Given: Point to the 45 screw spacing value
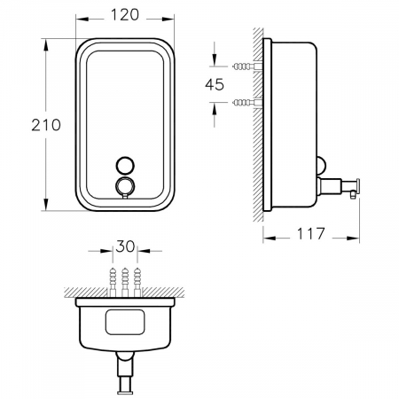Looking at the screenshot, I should tap(213, 84).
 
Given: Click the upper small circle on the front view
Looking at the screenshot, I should tap(123, 164).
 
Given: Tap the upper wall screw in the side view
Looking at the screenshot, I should tap(244, 66).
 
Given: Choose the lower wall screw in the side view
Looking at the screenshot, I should tap(244, 102).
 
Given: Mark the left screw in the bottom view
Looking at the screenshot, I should tap(112, 278).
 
